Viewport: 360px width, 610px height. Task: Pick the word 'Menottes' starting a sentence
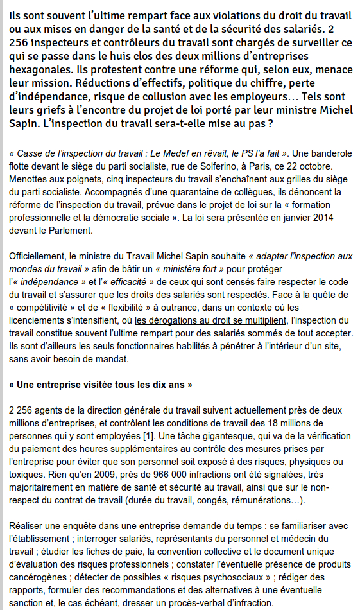pos(30,179)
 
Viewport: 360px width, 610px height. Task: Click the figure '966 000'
pos(159,474)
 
